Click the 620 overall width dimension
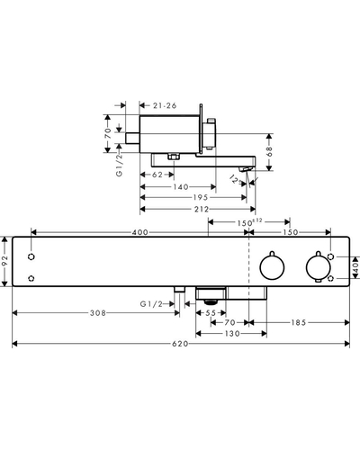(x=180, y=344)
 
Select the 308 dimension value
(x=98, y=313)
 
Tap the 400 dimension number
(x=140, y=232)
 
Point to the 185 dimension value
(x=299, y=322)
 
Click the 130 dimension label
(x=232, y=333)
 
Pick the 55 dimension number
(x=211, y=313)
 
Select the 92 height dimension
(x=4, y=261)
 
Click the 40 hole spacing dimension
(x=355, y=267)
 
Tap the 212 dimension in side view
(x=202, y=209)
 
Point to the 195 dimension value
(x=201, y=197)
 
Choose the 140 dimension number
(x=181, y=187)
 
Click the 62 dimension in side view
(x=157, y=175)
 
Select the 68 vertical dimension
(x=269, y=152)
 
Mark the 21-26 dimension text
(x=165, y=105)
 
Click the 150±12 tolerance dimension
(x=249, y=222)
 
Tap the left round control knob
(x=272, y=266)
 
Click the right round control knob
(x=319, y=267)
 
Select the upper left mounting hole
(x=31, y=256)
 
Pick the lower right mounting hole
(x=330, y=278)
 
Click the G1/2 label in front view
(x=151, y=304)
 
